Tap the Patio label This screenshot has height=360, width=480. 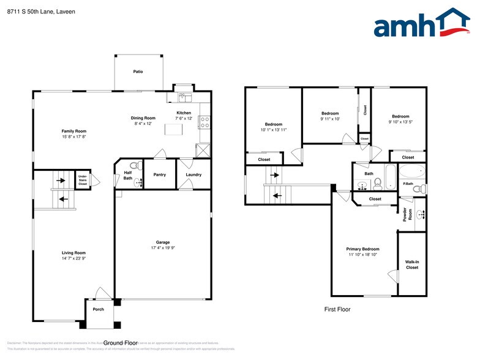(x=138, y=72)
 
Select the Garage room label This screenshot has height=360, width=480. (x=163, y=244)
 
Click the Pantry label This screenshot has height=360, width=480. (x=160, y=174)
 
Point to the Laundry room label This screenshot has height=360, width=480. (x=193, y=174)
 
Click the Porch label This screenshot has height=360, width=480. (x=98, y=309)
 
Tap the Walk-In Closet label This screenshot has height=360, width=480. (x=412, y=264)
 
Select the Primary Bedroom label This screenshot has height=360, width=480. (x=362, y=249)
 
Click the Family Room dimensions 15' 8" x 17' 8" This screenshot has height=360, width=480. (x=73, y=137)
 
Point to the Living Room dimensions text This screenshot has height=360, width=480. (x=73, y=258)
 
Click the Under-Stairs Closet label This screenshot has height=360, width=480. (x=83, y=180)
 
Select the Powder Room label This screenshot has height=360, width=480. (x=405, y=214)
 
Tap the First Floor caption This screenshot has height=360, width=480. (x=337, y=310)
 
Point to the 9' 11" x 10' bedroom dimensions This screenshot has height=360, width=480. (x=330, y=119)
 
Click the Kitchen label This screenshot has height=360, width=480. (x=184, y=113)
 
